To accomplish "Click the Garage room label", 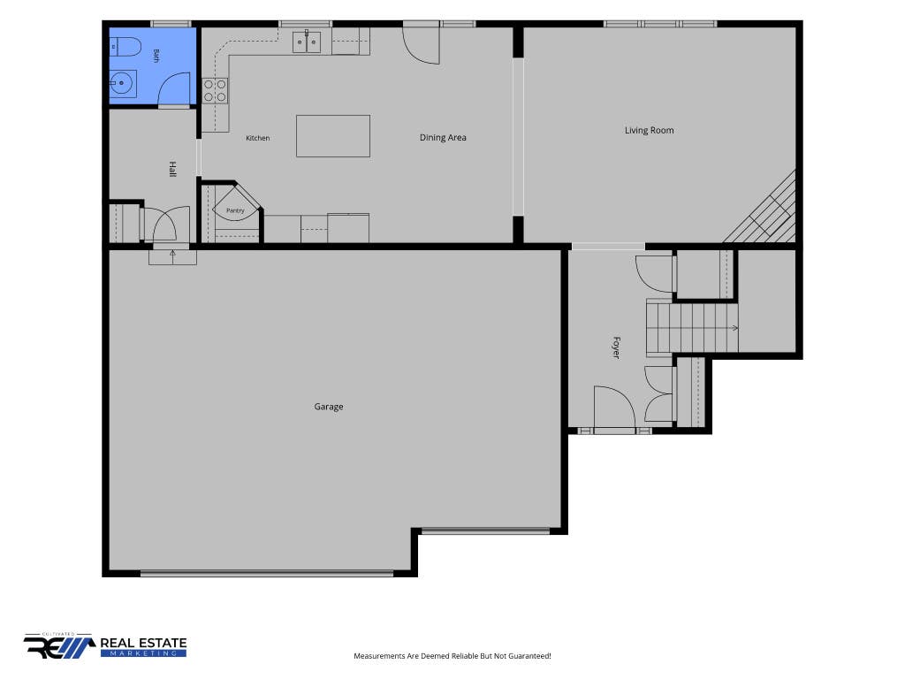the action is (329, 407).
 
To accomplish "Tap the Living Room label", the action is (650, 131).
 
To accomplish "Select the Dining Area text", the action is (443, 137).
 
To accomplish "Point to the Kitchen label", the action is (257, 138).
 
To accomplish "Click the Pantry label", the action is (235, 210).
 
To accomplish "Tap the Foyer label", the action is (616, 347).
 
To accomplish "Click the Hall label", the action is (172, 169).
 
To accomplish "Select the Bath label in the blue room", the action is (156, 56).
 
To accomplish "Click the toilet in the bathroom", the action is (125, 47).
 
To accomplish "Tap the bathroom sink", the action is (123, 84).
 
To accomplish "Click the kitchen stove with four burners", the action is (215, 91).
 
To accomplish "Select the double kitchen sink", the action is (307, 42).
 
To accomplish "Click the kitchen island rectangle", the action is (333, 136).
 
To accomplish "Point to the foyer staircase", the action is (692, 328).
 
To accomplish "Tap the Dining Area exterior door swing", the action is (422, 45).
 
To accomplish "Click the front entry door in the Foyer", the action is (614, 407).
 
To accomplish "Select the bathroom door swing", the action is (174, 89).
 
